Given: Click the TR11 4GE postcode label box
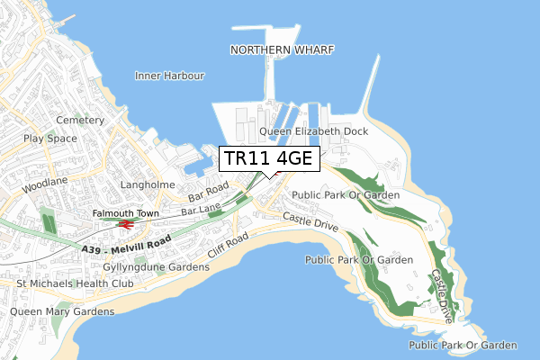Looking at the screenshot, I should (x=268, y=158).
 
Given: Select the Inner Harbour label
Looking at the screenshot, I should (x=170, y=76).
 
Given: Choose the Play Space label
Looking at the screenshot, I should (x=50, y=139).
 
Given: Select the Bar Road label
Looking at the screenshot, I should (x=209, y=193).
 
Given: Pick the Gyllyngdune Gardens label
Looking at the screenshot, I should (x=143, y=267).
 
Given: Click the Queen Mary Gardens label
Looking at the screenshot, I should (x=62, y=311).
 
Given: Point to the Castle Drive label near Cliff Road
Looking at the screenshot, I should (x=310, y=222).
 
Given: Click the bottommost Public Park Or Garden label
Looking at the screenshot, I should (x=463, y=345).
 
